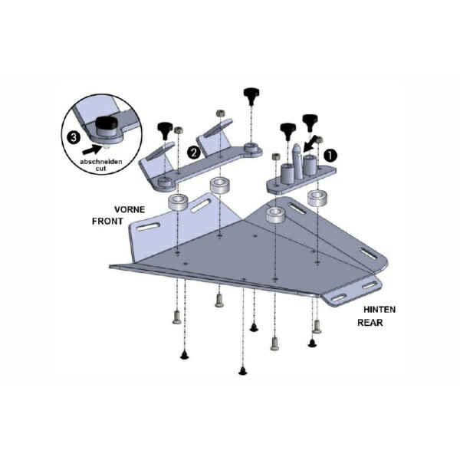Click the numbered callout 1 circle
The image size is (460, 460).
(x=330, y=155)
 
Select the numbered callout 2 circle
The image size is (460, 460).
(x=194, y=153)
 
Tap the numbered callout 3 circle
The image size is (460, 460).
(x=74, y=137)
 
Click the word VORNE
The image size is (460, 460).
(x=130, y=209)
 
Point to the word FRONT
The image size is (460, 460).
(x=107, y=222)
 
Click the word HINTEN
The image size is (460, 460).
(x=379, y=310)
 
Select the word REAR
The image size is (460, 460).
(x=370, y=323)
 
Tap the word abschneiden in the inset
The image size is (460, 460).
(x=101, y=162)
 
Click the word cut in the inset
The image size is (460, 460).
(x=100, y=169)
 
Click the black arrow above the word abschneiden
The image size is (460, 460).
(x=92, y=149)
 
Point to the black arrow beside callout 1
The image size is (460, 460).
(x=310, y=144)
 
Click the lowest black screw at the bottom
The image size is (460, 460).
(x=242, y=371)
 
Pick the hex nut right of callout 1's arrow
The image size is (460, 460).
(x=320, y=140)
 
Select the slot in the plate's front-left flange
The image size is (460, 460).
(x=149, y=226)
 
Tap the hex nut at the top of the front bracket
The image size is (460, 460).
(x=220, y=113)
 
